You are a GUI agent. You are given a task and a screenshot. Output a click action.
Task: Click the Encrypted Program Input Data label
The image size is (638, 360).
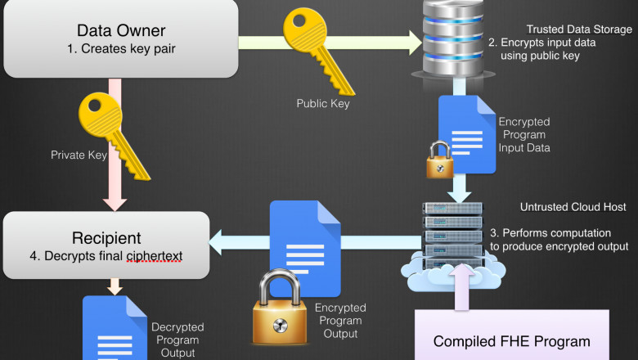click(523, 134)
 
